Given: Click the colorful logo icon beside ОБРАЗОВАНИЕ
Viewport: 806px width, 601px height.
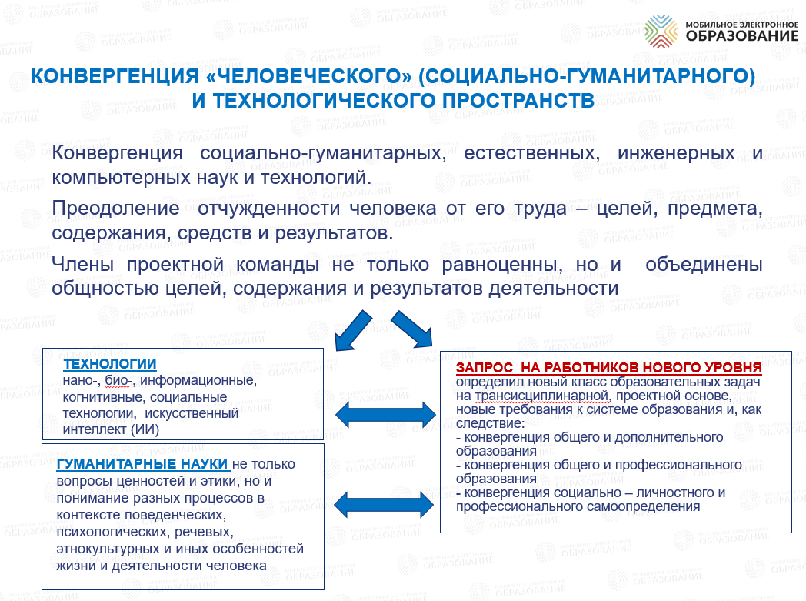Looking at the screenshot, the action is (661, 31).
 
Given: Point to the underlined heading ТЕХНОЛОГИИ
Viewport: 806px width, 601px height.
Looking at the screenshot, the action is (109, 363).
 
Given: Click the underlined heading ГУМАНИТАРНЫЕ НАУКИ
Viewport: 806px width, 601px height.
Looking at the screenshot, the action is (142, 464).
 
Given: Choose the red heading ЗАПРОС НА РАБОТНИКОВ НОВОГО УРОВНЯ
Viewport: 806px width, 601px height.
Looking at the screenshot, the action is (608, 368).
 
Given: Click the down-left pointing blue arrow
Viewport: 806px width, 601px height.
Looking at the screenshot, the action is (352, 331).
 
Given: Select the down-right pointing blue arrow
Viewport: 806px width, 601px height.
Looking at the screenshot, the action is (411, 329).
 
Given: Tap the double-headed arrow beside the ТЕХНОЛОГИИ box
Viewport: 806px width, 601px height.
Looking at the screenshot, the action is (385, 414).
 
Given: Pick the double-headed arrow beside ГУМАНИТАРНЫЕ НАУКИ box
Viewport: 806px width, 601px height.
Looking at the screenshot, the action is (384, 504).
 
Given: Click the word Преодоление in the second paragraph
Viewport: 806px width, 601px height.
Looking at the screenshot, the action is (115, 209).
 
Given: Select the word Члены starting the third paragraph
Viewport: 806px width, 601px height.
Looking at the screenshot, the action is (83, 264).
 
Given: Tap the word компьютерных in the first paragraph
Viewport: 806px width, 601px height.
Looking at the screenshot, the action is (122, 178).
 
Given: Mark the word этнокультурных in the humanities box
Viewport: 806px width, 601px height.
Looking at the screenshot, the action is (108, 549).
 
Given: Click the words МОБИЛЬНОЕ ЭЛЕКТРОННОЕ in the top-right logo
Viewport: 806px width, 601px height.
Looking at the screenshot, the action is (742, 24).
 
